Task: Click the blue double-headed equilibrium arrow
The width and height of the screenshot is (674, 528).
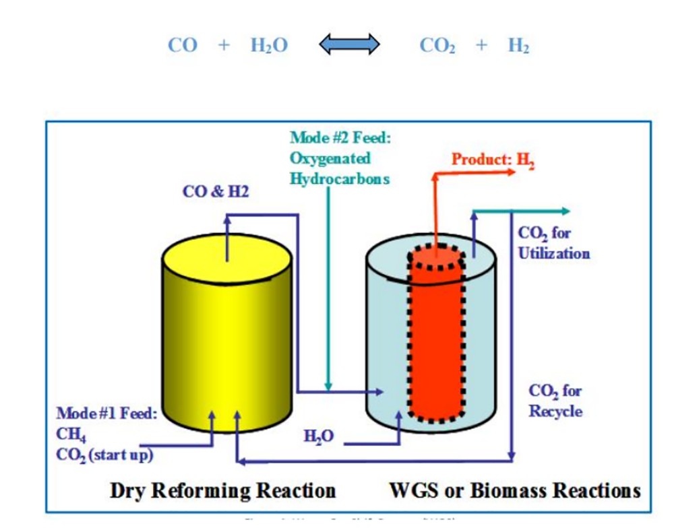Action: pyautogui.click(x=349, y=46)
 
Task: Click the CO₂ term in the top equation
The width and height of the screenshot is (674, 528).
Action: pyautogui.click(x=437, y=46)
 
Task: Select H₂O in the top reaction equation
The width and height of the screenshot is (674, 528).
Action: pyautogui.click(x=269, y=46)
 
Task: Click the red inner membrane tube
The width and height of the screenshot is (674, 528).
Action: pyautogui.click(x=436, y=337)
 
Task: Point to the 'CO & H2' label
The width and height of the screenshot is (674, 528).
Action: pyautogui.click(x=216, y=192)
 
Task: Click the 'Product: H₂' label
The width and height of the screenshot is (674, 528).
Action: pyautogui.click(x=493, y=160)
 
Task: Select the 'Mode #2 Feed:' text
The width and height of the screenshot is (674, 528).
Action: pyautogui.click(x=340, y=138)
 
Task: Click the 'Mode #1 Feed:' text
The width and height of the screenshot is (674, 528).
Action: pyautogui.click(x=106, y=413)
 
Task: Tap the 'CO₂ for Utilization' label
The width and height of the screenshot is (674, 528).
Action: pyautogui.click(x=553, y=243)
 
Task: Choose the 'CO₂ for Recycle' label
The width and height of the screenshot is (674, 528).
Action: pyautogui.click(x=555, y=401)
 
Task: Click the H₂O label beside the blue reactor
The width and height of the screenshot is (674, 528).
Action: pyautogui.click(x=319, y=436)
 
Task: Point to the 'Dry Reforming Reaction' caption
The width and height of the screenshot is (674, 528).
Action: pyautogui.click(x=222, y=490)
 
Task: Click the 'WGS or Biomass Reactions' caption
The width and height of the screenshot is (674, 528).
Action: pyautogui.click(x=514, y=490)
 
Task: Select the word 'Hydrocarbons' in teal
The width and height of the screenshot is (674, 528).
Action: pyautogui.click(x=340, y=180)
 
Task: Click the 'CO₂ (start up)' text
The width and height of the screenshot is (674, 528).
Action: pyautogui.click(x=104, y=455)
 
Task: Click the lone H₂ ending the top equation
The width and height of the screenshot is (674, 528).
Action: pyautogui.click(x=518, y=46)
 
